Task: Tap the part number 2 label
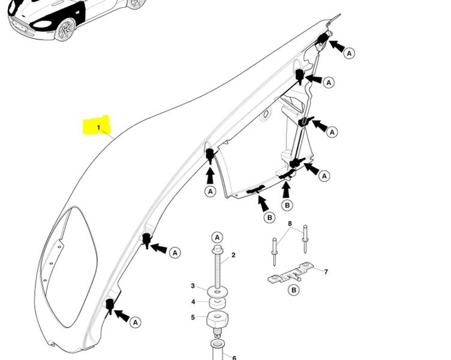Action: (x=233, y=255)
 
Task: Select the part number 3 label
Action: (x=193, y=286)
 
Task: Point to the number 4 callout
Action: (x=193, y=302)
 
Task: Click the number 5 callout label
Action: (x=193, y=317)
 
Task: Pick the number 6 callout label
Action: (x=234, y=357)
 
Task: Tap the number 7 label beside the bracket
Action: (x=326, y=272)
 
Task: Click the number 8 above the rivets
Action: (x=290, y=224)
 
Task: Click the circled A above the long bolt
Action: (x=217, y=237)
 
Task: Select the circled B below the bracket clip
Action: (x=294, y=290)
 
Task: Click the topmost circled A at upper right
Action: (x=350, y=53)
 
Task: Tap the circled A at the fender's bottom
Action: (x=136, y=322)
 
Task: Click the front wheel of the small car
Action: (x=65, y=29)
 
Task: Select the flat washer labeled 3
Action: (x=218, y=292)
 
